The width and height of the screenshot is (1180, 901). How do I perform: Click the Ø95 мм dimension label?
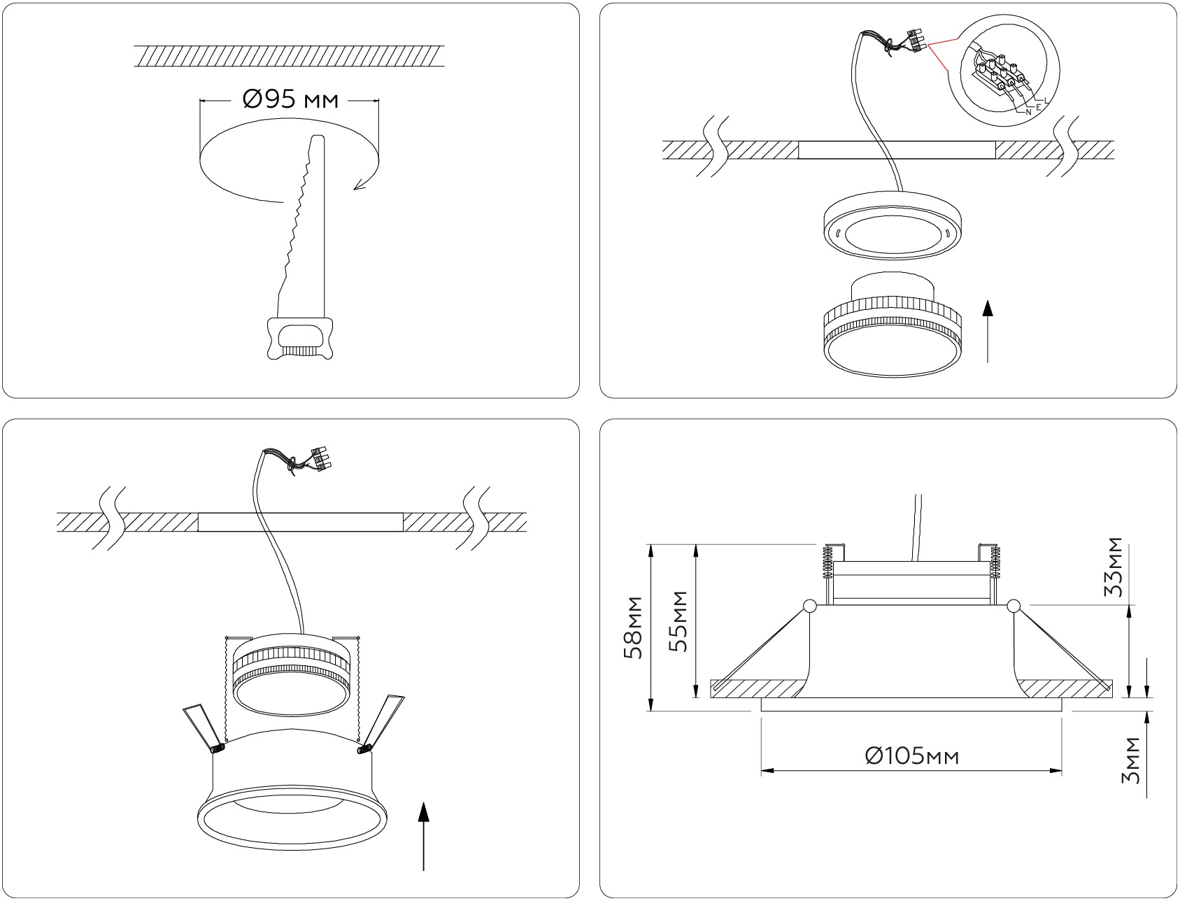290,101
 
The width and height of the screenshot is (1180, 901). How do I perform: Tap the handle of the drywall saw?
300,339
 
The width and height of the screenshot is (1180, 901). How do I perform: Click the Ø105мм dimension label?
911,756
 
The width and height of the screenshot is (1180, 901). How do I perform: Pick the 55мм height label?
678,621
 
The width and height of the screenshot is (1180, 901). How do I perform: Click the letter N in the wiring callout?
1028,111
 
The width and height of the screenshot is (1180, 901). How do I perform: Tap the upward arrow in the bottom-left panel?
423,837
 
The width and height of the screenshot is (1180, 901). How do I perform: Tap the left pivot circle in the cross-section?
809,606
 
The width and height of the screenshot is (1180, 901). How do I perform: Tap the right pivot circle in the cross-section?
1013,606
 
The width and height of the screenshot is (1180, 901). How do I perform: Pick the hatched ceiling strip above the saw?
289,57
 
